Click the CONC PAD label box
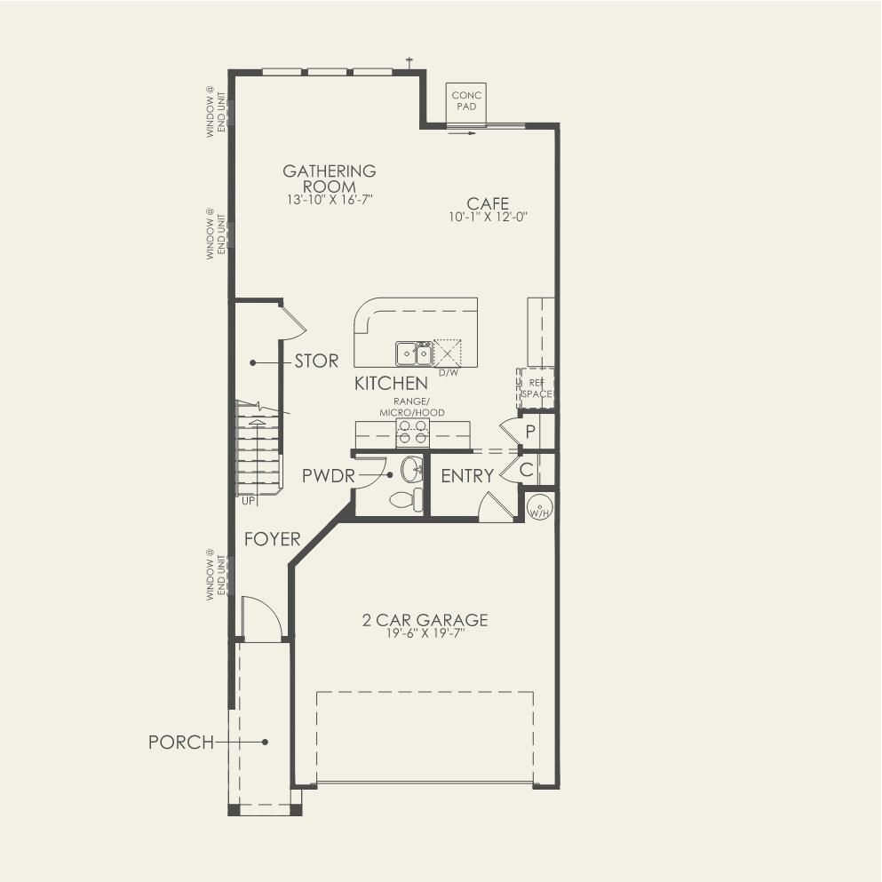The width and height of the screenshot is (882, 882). (x=466, y=102)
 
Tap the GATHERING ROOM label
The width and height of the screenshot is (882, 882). (x=329, y=179)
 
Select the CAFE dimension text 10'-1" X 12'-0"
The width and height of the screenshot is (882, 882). (x=488, y=217)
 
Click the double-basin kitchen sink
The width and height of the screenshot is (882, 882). (x=414, y=354)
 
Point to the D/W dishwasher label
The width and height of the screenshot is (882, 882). (x=449, y=372)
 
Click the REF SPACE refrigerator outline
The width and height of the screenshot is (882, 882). (x=536, y=388)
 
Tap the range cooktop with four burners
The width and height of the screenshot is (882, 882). (x=412, y=433)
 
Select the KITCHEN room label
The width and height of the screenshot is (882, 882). (x=391, y=384)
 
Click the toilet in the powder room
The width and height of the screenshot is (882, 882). (x=407, y=499)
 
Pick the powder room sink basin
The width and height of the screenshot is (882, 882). (x=412, y=469)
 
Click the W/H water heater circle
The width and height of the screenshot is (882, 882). (x=539, y=508)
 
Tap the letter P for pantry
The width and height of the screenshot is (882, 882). (x=530, y=432)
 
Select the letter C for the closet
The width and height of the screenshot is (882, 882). (x=526, y=470)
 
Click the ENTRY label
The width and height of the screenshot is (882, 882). (x=467, y=476)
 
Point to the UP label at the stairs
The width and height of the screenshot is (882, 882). (x=248, y=501)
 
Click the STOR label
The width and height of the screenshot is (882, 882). (x=317, y=362)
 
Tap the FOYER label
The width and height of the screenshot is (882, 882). (x=273, y=539)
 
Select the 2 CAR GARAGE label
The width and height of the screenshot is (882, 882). (x=425, y=620)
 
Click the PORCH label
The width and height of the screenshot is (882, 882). (x=181, y=743)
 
